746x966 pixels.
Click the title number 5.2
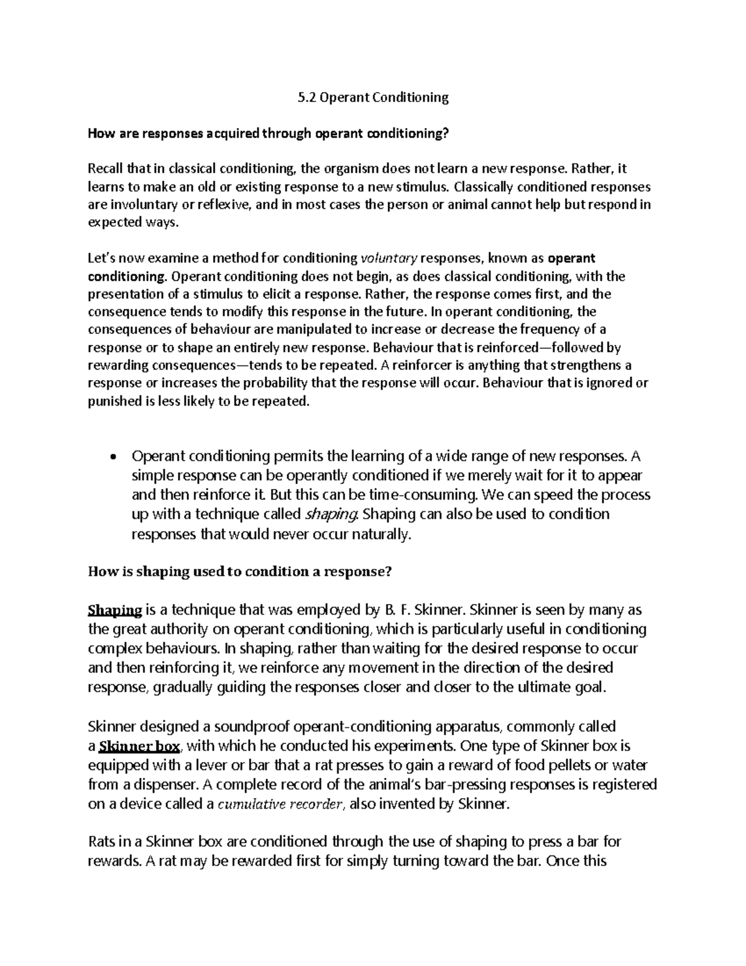tap(302, 97)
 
